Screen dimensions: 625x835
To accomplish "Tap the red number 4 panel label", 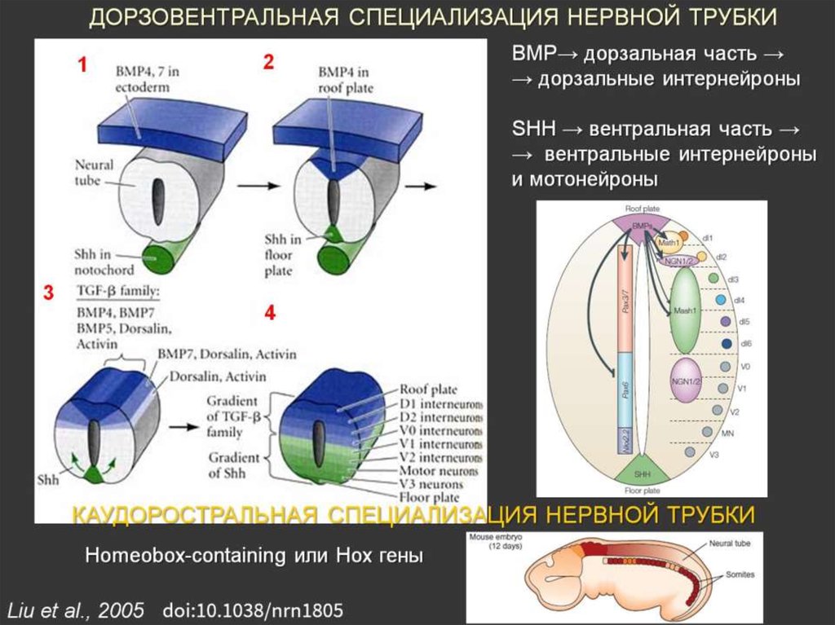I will [270, 313].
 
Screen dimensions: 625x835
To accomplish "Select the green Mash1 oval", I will [685, 310].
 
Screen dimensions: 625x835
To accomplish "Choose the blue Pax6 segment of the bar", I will [628, 391].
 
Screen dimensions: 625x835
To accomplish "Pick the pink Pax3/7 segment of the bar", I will [628, 301].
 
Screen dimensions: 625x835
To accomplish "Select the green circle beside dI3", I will [714, 280].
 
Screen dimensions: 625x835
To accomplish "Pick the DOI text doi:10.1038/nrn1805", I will [253, 609].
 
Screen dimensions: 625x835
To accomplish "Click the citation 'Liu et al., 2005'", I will [76, 609].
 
